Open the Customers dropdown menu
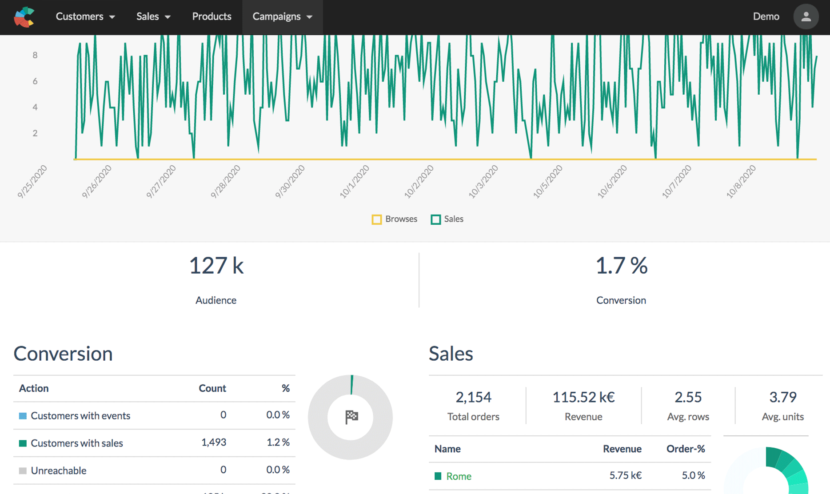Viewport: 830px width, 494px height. [x=85, y=16]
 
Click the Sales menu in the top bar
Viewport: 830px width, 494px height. [x=153, y=16]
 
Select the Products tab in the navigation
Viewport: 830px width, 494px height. [x=211, y=16]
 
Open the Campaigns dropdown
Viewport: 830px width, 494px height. [x=282, y=16]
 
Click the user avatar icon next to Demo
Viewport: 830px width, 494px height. [x=806, y=17]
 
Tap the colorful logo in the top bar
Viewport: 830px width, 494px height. [x=24, y=17]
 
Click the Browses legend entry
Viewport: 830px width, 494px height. [x=395, y=219]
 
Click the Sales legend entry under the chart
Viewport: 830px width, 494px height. [x=447, y=219]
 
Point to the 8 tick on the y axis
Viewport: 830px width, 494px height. [x=35, y=55]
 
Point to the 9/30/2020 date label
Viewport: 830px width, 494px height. [x=290, y=181]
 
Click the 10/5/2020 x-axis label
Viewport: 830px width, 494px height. [x=548, y=181]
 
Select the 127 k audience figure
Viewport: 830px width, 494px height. [x=216, y=266]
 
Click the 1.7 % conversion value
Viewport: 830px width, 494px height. [x=621, y=266]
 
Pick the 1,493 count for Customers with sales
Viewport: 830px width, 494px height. [x=213, y=442]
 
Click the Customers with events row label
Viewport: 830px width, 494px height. [x=80, y=416]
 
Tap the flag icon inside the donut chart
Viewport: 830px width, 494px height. [x=351, y=417]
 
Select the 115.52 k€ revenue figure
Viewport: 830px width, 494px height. [x=583, y=397]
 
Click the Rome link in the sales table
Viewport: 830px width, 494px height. [x=459, y=476]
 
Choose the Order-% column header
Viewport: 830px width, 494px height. [x=685, y=449]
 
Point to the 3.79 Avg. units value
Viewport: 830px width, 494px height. [x=782, y=397]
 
